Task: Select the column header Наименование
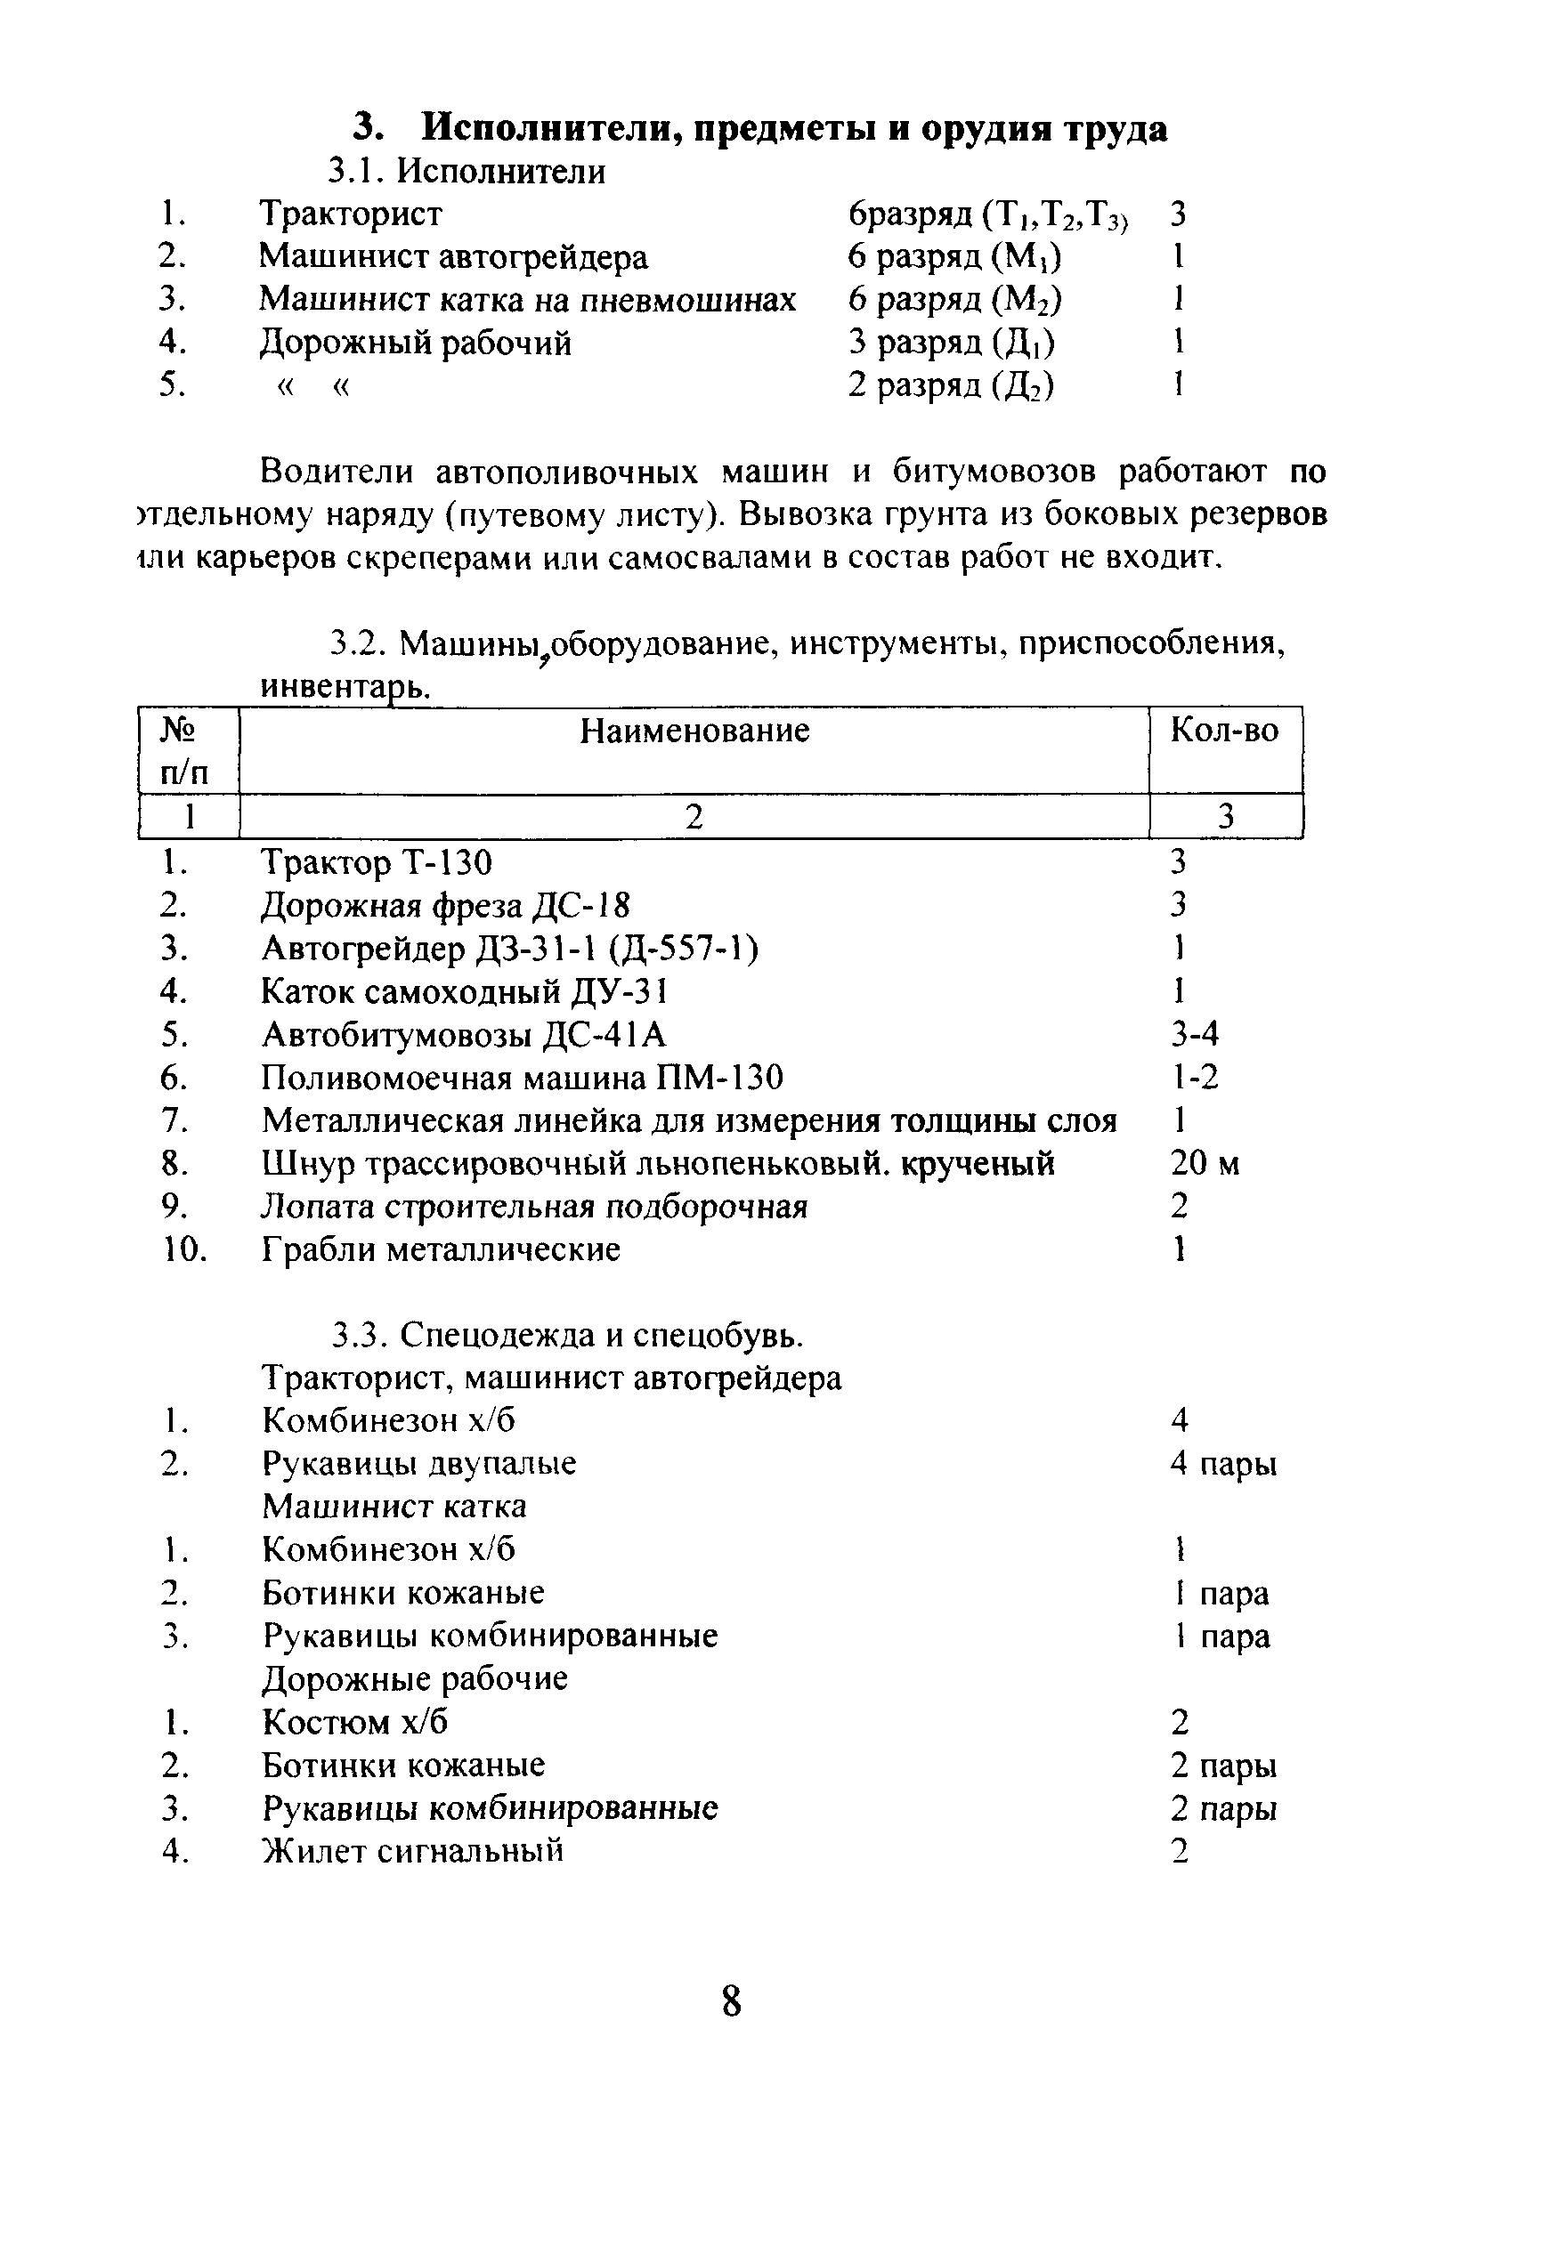pos(694,731)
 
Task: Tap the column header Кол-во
pos(1224,731)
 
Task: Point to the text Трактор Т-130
pos(377,862)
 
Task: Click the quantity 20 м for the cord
pos(1205,1164)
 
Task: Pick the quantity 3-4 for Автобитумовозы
pos(1195,1034)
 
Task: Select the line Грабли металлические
pos(442,1250)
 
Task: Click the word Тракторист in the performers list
pos(351,214)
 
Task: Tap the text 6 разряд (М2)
pos(954,300)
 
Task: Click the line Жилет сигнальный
pos(413,1851)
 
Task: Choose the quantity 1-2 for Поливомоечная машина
pos(1195,1078)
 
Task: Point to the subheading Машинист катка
pos(394,1507)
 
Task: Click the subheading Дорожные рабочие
pos(415,1679)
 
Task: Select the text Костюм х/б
pos(355,1722)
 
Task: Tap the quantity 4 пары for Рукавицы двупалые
pos(1223,1465)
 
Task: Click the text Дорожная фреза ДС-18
pos(446,906)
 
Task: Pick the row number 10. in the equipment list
pos(183,1250)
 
